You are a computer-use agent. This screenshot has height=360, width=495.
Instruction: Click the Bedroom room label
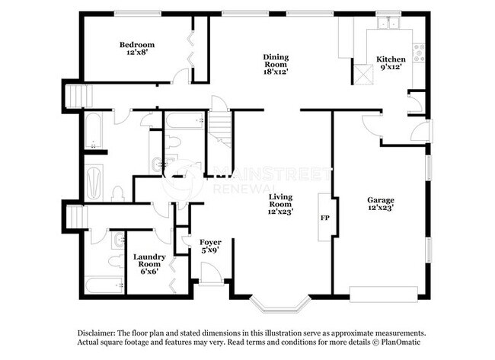click(x=137, y=49)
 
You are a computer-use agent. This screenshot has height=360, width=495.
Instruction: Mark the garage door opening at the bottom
click(x=384, y=290)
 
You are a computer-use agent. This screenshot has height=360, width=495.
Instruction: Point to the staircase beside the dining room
click(x=219, y=127)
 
